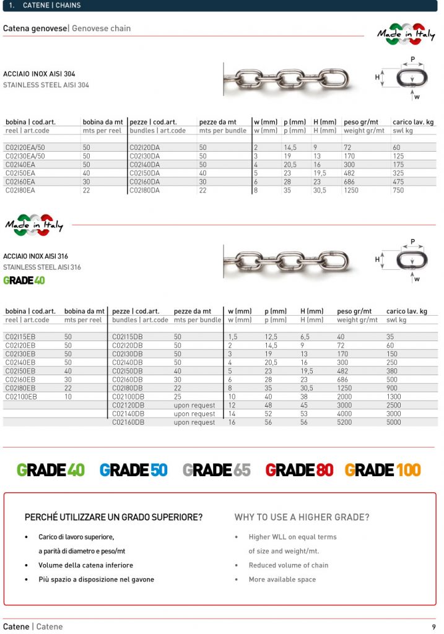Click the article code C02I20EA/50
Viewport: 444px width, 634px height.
point(25,148)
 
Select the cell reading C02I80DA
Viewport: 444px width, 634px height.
point(145,191)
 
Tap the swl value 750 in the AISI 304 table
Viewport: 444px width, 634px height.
point(398,191)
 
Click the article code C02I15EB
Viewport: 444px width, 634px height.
point(20,337)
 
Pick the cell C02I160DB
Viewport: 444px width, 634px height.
point(128,422)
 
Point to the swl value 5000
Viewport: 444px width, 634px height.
point(394,422)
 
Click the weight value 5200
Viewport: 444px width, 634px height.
point(345,422)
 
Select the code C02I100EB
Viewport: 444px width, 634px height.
point(22,397)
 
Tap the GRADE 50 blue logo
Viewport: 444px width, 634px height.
point(133,470)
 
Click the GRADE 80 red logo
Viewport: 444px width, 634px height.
point(299,470)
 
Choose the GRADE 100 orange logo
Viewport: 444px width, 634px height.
point(383,470)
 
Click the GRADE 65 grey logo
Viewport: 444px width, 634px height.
point(216,470)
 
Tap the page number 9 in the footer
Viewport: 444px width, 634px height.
point(433,627)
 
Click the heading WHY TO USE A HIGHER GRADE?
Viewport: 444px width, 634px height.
point(302,517)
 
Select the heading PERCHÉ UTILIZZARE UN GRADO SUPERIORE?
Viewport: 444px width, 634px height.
point(113,517)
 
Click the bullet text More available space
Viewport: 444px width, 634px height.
point(282,580)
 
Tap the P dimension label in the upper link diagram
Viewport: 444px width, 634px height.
point(412,59)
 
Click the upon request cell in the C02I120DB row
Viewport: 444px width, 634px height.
point(194,406)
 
